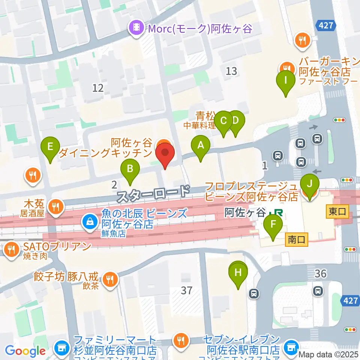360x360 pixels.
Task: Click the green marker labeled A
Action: click(201, 145)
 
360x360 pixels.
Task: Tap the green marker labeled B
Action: click(130, 169)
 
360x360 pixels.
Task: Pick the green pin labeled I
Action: click(285, 81)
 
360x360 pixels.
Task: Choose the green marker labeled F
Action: click(273, 225)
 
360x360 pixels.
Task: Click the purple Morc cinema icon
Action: click(136, 28)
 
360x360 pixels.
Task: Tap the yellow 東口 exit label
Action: click(338, 211)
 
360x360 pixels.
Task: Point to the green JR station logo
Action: click(278, 213)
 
